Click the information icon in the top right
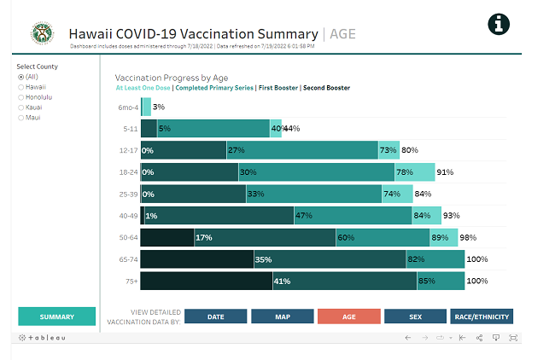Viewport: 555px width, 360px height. click(x=499, y=24)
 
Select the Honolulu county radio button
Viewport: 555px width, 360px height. click(x=21, y=97)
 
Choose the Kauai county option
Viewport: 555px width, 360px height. click(x=21, y=107)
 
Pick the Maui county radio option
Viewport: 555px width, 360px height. click(x=21, y=118)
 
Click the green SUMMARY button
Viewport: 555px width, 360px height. click(x=56, y=316)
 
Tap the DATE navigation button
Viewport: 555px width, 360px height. click(x=216, y=316)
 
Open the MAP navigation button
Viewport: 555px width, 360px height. click(x=283, y=316)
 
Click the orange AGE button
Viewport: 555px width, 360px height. click(x=349, y=316)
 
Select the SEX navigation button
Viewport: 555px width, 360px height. click(x=415, y=316)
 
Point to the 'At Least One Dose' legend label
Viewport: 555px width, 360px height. click(x=143, y=87)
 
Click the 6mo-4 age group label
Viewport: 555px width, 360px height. click(x=128, y=107)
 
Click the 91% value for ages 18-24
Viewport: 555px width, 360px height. click(x=445, y=171)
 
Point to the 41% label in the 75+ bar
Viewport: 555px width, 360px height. click(x=282, y=282)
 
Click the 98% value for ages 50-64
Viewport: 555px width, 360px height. click(x=467, y=238)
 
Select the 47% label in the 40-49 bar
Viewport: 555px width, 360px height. click(x=303, y=216)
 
